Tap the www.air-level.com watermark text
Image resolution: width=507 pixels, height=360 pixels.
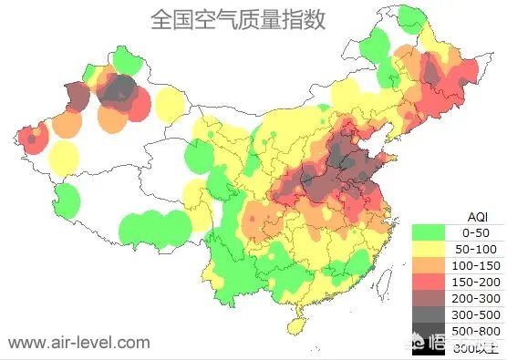tap(78, 343)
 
